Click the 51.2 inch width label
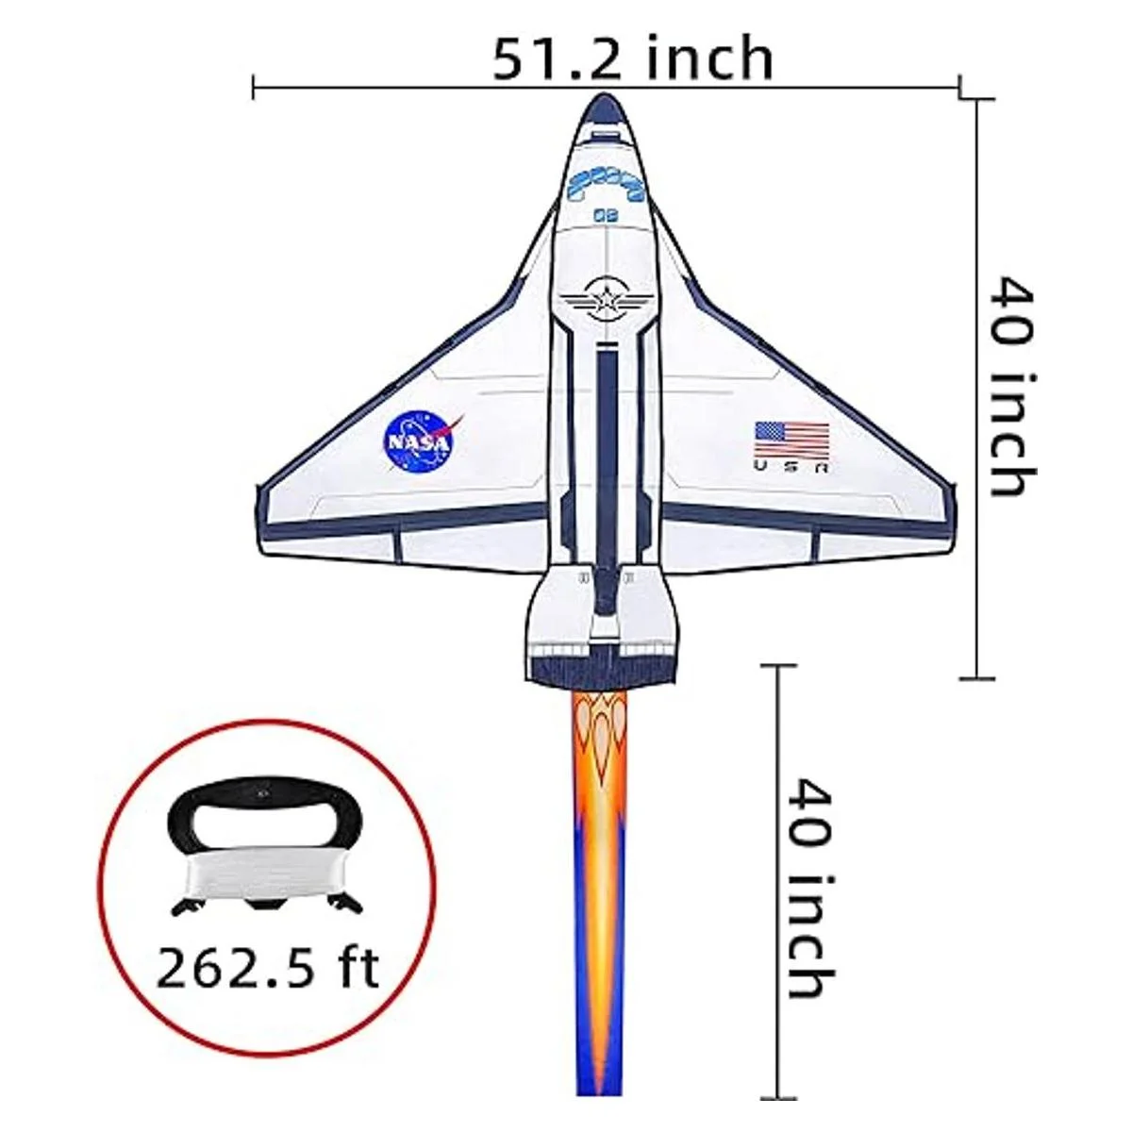[633, 60]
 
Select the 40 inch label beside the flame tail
[811, 889]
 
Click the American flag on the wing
[791, 440]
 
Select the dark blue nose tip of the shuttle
[605, 113]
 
